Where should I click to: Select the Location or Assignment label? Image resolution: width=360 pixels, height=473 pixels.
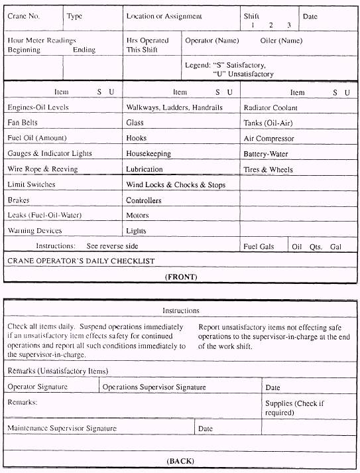[164, 16]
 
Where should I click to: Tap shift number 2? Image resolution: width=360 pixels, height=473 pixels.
[270, 25]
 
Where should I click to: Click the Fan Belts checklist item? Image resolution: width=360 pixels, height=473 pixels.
[23, 123]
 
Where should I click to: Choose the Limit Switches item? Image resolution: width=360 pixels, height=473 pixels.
[31, 184]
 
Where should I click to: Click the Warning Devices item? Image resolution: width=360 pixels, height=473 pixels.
[34, 231]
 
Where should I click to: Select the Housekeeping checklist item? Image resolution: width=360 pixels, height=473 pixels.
[149, 154]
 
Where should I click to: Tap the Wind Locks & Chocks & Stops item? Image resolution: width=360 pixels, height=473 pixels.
[176, 184]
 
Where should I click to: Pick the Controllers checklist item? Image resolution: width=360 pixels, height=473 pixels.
[144, 200]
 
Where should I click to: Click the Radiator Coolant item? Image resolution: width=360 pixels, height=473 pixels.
[270, 107]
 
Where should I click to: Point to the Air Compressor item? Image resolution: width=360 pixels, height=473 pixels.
[269, 139]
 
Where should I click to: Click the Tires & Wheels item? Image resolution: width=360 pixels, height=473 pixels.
[269, 170]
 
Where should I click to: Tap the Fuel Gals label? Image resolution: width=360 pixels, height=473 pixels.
[259, 247]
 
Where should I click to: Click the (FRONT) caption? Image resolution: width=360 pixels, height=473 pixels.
[181, 276]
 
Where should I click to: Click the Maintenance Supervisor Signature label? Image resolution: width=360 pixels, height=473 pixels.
[62, 429]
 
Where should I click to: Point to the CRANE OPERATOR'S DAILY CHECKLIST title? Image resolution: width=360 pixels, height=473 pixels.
[81, 261]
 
